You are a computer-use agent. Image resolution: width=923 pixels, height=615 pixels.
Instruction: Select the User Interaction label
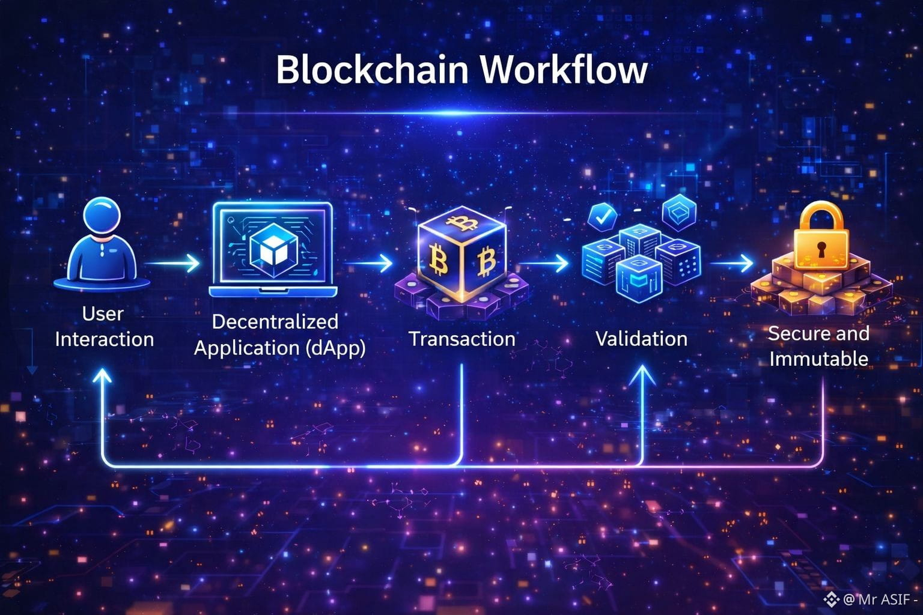point(104,326)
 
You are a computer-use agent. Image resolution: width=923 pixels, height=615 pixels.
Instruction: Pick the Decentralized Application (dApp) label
point(279,335)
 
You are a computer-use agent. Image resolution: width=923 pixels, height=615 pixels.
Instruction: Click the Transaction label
point(461,339)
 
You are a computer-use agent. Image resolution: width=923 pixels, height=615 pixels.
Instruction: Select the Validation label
point(641,339)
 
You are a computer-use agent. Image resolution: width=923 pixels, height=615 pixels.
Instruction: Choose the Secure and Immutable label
point(818,346)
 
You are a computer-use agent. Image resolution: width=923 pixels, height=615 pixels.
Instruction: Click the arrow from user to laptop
point(173,263)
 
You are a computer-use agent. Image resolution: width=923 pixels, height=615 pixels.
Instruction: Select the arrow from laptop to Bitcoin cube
point(369,263)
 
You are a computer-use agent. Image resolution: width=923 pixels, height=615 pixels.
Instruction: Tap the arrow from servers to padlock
point(731,263)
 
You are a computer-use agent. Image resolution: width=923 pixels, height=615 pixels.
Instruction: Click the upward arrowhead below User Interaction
point(103,375)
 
